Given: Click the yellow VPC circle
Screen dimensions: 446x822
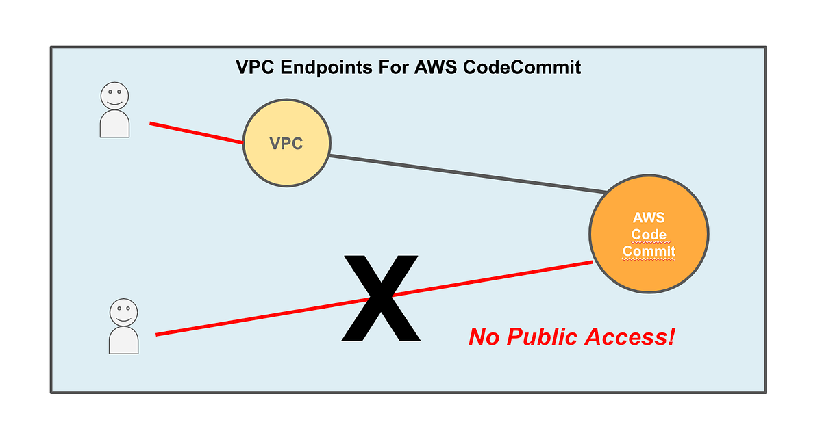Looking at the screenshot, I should (287, 163).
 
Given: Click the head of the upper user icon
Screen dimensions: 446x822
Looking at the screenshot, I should (114, 95).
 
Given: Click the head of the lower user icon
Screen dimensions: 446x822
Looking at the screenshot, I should (123, 312).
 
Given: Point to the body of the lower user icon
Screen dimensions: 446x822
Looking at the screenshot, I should (123, 340).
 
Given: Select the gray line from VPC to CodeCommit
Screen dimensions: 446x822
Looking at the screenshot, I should (466, 174).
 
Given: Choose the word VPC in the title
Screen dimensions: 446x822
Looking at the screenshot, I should (251, 67).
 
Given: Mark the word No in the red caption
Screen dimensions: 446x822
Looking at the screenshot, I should (484, 337).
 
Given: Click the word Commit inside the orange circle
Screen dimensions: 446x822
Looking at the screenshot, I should (649, 251).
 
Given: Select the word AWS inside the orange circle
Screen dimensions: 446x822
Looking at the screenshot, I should (649, 218).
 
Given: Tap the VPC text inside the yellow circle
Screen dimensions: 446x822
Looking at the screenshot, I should (286, 144).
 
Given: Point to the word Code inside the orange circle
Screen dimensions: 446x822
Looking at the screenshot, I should (649, 235).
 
